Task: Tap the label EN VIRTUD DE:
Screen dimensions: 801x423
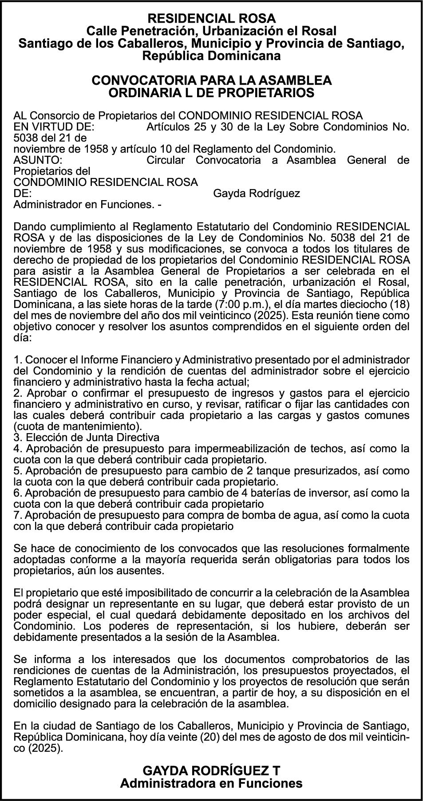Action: pyautogui.click(x=54, y=127)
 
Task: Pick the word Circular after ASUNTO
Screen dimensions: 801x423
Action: pyautogui.click(x=165, y=160)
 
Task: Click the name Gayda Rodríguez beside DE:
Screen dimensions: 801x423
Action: pyautogui.click(x=257, y=193)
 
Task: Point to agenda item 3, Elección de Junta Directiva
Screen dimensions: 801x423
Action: pyautogui.click(x=87, y=438)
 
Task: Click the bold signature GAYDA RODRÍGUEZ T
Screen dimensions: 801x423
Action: pyautogui.click(x=211, y=770)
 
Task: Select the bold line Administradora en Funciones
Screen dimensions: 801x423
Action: pyautogui.click(x=211, y=783)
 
